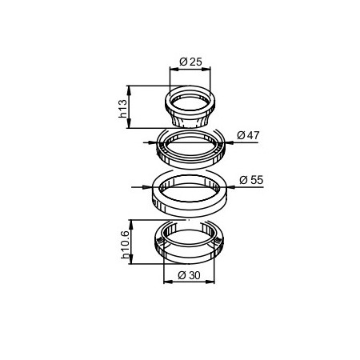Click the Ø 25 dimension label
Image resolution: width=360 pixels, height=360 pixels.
[x=190, y=62]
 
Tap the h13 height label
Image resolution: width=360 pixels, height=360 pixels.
[x=123, y=109]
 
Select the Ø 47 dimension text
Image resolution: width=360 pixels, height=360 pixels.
[x=248, y=135]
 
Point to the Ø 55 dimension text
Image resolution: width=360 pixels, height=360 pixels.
[x=251, y=180]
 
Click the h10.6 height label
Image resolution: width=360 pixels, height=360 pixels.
[x=125, y=245]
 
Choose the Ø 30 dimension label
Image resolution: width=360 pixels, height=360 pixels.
[x=189, y=275]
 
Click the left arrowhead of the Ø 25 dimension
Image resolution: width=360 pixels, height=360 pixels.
[x=174, y=69]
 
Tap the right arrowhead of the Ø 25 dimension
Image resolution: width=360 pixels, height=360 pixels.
[x=206, y=69]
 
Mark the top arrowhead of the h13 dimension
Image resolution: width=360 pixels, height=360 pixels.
[x=129, y=90]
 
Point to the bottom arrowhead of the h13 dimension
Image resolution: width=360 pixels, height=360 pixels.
[x=129, y=124]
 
